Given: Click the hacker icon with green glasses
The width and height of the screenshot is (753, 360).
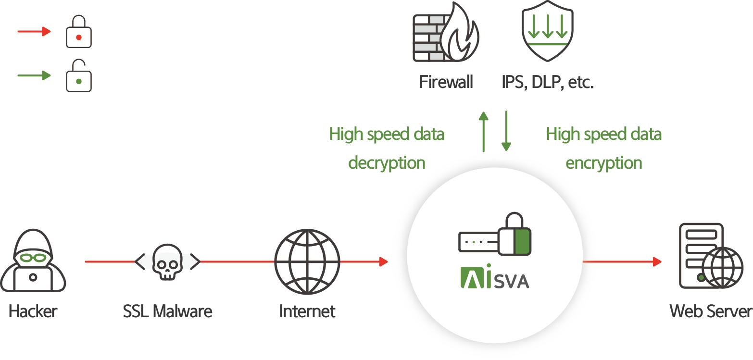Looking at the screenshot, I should (33, 261).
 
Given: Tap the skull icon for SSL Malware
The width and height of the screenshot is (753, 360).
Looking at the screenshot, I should (167, 262).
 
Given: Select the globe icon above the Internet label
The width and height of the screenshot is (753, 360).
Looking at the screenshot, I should (307, 261).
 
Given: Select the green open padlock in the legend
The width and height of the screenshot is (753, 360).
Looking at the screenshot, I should (78, 75).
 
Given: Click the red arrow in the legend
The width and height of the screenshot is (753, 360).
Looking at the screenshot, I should (34, 32).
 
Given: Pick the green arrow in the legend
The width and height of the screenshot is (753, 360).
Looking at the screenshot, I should (34, 75).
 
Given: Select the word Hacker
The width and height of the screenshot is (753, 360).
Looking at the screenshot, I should (33, 311).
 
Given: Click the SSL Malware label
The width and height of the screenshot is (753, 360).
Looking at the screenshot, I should (167, 311).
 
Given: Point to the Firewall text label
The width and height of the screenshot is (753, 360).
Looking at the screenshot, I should (446, 82).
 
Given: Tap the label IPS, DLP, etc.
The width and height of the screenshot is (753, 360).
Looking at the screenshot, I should (548, 82).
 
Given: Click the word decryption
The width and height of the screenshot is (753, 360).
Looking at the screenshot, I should (387, 163).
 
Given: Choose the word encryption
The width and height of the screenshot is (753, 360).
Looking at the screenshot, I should (603, 163).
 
